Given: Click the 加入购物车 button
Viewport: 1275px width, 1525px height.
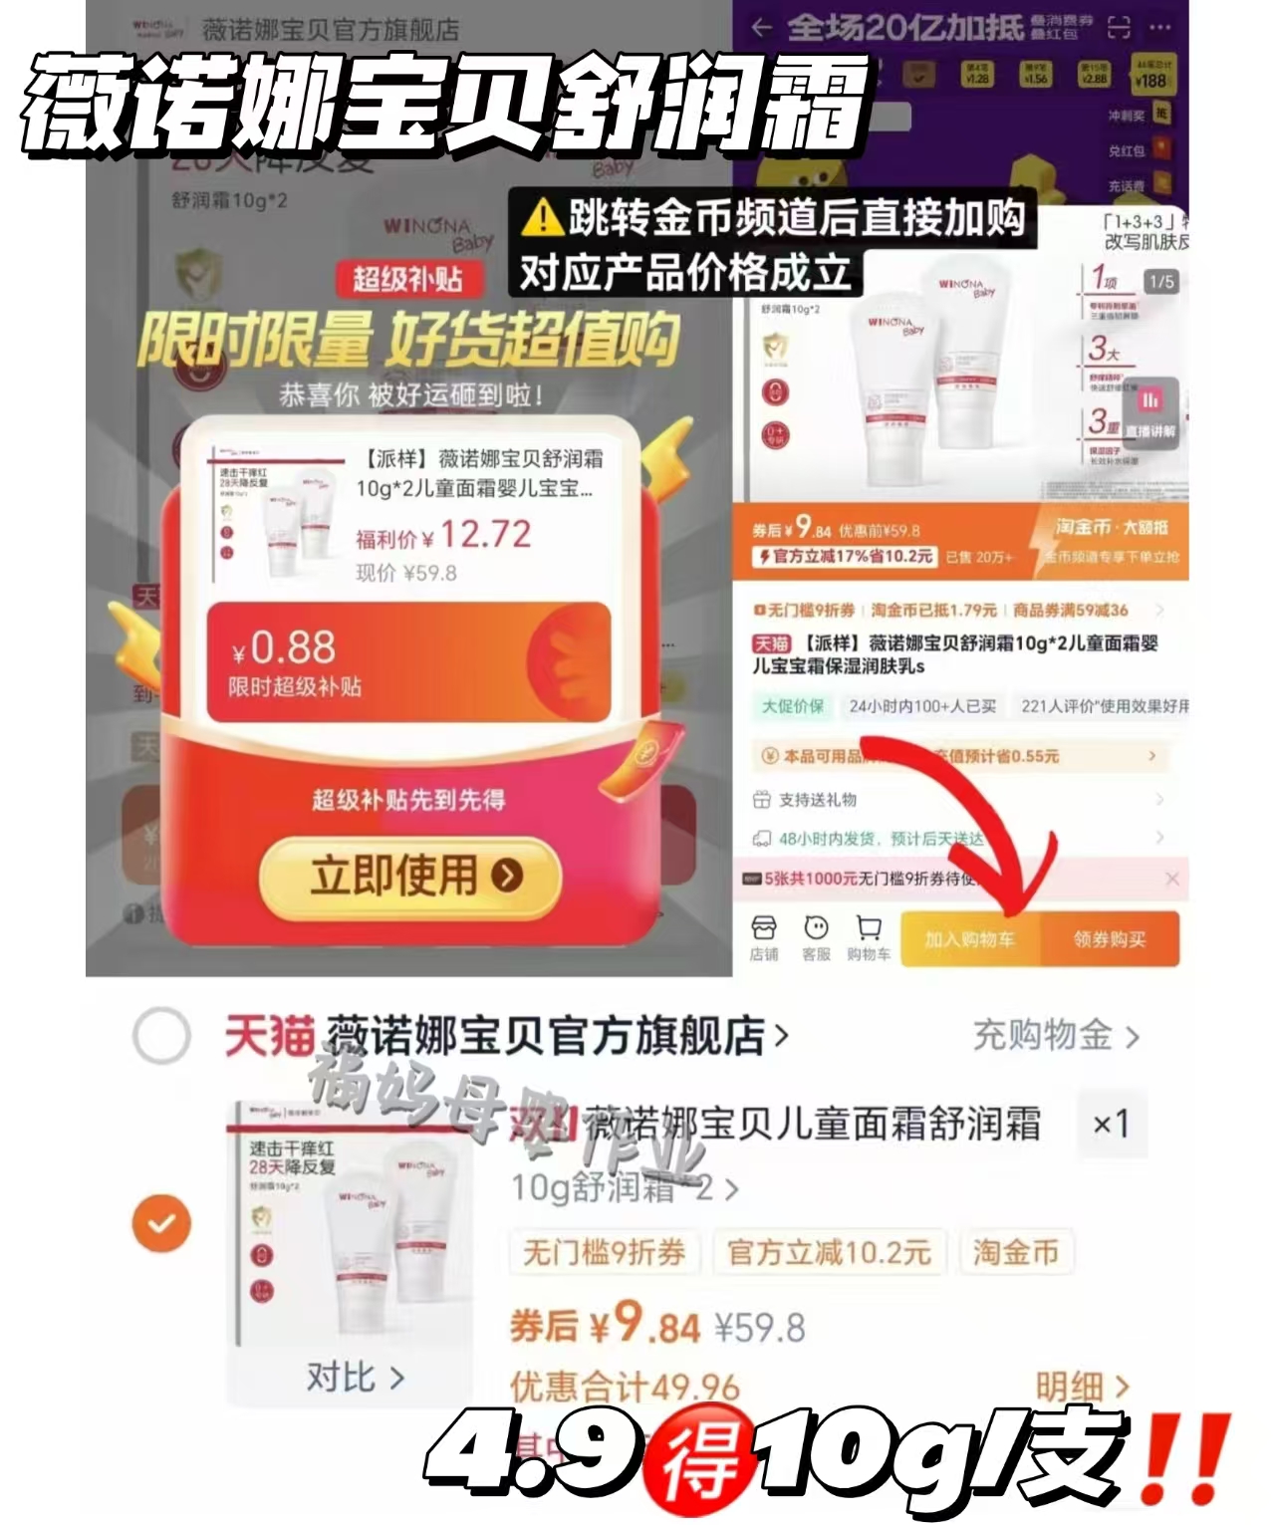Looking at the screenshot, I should click(969, 938).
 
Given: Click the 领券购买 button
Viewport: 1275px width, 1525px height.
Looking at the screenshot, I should click(1109, 938).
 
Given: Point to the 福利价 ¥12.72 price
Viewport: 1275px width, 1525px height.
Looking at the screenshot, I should click(443, 536).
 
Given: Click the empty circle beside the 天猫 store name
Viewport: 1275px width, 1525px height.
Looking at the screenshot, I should click(161, 1036).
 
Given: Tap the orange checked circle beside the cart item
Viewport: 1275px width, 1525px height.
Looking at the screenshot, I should click(161, 1222).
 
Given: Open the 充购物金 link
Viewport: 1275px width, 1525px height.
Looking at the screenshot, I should click(1054, 1036).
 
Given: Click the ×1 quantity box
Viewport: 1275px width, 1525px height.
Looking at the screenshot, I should click(1111, 1125).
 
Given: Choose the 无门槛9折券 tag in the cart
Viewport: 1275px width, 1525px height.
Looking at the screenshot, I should click(605, 1252).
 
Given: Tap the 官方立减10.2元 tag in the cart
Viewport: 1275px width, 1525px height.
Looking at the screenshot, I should click(829, 1252).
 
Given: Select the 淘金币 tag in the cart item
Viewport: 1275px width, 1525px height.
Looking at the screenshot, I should click(1015, 1252).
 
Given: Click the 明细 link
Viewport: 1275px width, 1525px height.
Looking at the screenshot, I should click(1081, 1386).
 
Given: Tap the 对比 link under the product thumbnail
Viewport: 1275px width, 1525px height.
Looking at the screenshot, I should click(354, 1378).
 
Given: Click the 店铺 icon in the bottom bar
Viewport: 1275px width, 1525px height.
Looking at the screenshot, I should click(764, 937).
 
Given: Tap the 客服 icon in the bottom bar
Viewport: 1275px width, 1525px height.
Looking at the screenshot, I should click(816, 937).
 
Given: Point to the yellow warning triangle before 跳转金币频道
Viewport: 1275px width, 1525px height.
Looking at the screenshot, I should click(543, 216).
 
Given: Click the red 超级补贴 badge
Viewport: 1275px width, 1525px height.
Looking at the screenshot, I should click(407, 279).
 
